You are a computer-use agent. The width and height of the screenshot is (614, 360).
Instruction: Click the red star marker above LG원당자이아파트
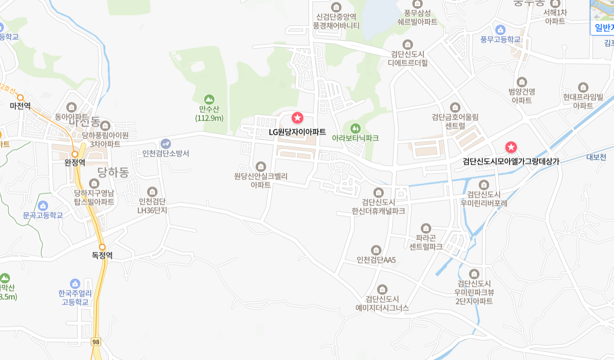click(x=298, y=117)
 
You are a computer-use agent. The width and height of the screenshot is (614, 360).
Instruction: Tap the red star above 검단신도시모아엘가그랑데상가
click(x=511, y=147)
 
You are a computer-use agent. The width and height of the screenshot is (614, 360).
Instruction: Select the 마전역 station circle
click(x=20, y=98)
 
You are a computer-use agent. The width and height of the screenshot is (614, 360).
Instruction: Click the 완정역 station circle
click(x=75, y=154)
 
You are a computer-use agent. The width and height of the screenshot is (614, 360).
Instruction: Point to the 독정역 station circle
click(x=102, y=247)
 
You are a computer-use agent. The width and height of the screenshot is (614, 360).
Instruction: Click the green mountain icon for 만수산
click(x=209, y=99)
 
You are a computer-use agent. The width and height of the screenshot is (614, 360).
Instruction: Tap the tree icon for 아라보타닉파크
click(x=355, y=128)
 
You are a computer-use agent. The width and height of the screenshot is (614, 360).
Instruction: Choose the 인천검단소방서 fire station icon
click(x=166, y=144)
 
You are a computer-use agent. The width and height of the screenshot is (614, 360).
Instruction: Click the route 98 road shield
click(x=96, y=341)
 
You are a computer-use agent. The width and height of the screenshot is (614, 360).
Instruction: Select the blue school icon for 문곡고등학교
click(x=43, y=205)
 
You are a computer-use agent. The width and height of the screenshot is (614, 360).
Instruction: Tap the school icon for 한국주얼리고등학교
click(x=75, y=283)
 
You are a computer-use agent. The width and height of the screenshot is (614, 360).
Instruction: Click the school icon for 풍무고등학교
click(x=500, y=30)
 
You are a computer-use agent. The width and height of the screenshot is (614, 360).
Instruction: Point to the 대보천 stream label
click(x=596, y=157)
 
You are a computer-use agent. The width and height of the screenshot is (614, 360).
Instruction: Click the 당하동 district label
click(x=113, y=172)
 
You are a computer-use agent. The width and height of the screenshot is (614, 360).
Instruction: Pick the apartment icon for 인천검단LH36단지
click(x=152, y=191)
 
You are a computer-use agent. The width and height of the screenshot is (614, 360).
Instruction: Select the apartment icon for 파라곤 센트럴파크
click(x=426, y=228)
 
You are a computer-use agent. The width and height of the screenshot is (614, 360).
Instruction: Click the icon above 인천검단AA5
click(x=376, y=250)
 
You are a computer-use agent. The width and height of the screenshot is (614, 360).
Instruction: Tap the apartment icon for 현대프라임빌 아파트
click(x=583, y=87)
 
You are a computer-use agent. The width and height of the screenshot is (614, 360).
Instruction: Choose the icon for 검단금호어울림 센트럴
click(x=455, y=107)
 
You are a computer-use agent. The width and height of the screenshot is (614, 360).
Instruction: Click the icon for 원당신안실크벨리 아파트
click(x=261, y=166)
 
